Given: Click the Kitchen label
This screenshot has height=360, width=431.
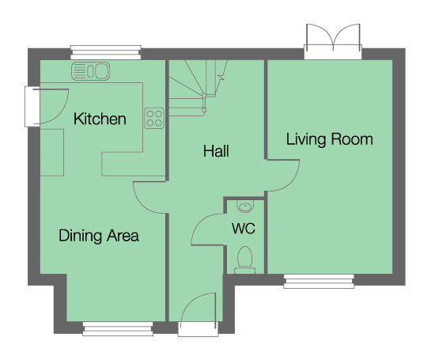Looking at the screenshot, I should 100,119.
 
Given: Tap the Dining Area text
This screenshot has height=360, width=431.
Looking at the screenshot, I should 99,235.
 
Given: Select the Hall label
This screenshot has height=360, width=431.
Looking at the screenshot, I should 216,150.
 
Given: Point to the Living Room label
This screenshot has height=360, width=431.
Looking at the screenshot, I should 329,140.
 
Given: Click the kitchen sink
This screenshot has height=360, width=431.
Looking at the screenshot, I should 91,72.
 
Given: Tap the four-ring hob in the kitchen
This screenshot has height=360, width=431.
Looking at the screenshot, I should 154,118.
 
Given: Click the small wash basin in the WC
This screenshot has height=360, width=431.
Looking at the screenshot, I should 245,207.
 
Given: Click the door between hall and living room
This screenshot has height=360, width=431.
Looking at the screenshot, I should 284,174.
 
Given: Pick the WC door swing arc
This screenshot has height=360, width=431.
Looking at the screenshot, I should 208,231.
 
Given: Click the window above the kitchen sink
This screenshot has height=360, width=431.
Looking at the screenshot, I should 105,52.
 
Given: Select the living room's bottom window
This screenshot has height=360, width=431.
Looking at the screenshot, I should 319,280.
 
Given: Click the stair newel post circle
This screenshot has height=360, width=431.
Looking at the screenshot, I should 205,95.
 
